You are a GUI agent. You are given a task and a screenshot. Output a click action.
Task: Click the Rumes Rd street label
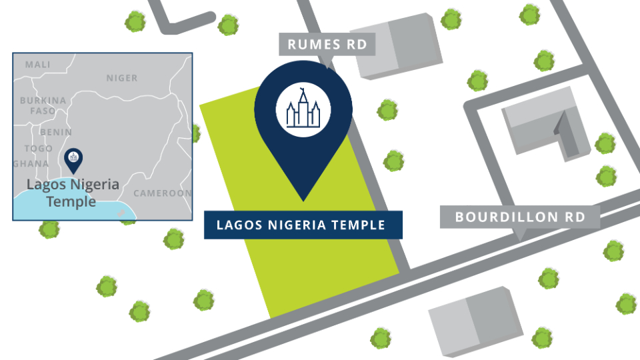[327, 45]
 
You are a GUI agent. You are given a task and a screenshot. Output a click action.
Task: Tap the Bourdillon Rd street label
[520, 217]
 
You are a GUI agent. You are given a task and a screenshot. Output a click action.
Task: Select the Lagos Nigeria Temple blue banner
[303, 225]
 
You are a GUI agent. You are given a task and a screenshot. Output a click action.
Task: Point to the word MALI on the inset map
[37, 65]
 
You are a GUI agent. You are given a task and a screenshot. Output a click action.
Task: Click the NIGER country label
[122, 78]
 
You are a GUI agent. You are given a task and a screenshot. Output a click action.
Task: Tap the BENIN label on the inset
[55, 132]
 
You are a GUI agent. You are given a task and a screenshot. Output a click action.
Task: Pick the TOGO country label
[39, 148]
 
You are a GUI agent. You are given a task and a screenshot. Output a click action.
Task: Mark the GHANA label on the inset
[31, 163]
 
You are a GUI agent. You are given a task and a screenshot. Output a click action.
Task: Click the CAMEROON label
[162, 193]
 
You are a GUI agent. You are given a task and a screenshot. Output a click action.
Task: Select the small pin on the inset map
[73, 159]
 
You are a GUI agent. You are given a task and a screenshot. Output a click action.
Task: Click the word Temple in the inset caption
[71, 201]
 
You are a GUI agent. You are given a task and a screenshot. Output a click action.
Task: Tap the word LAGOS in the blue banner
[236, 225]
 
